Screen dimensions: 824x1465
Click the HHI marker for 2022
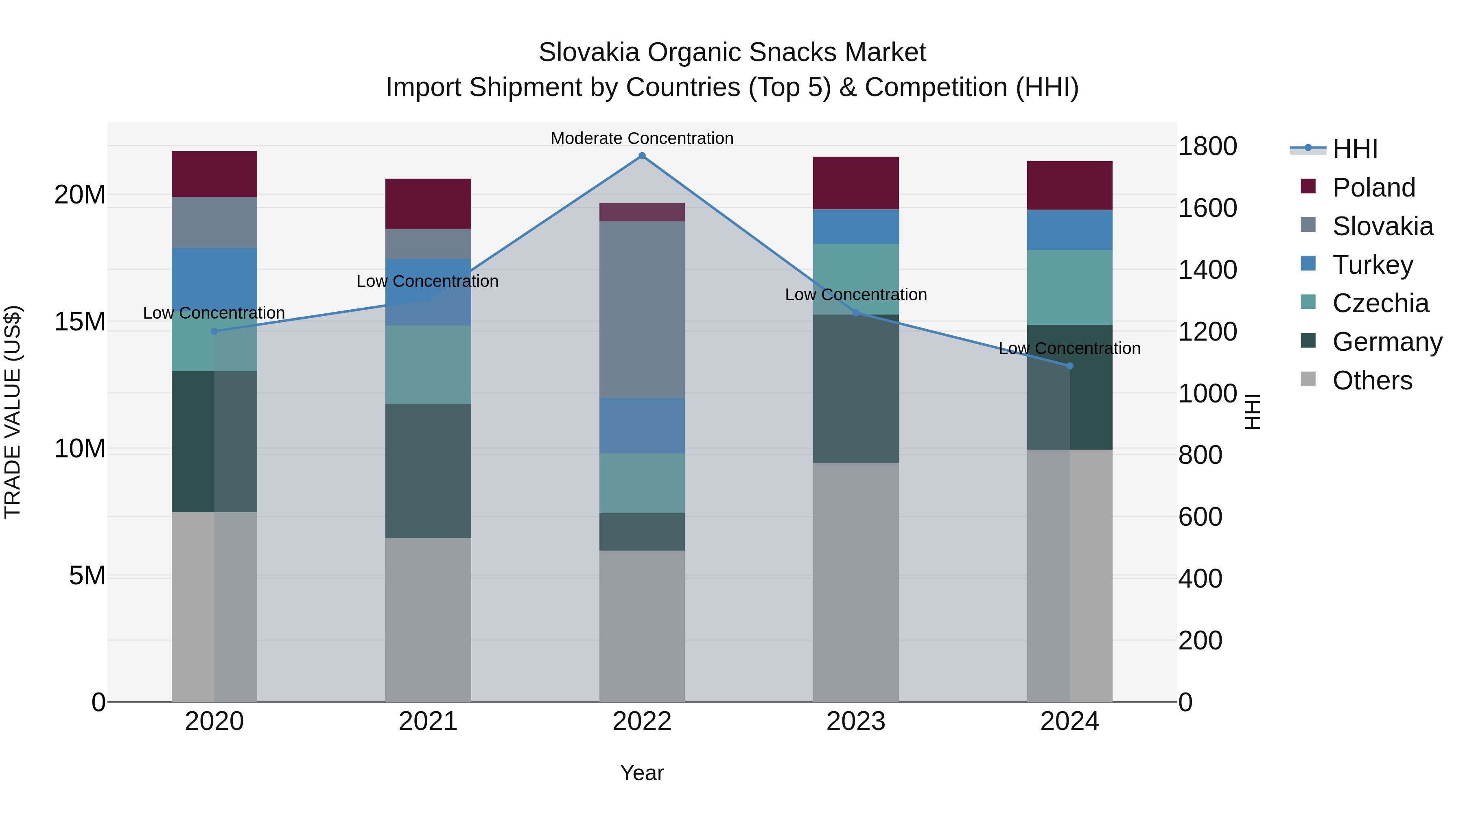642,156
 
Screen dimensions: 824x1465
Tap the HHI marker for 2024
1070,366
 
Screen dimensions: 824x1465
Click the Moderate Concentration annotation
642,138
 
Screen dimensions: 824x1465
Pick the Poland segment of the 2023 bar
856,183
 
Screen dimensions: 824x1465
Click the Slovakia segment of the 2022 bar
642,309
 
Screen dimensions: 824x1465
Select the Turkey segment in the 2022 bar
642,425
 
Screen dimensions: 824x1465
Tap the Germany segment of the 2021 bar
428,471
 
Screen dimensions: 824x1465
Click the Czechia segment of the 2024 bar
1070,288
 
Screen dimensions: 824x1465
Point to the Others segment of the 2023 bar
856,582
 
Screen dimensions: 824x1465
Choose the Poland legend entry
1373,188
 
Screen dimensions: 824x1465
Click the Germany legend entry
1386,342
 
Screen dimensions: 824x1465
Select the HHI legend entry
1355,149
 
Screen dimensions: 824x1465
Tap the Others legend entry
1372,380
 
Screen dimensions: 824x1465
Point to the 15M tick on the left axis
80,322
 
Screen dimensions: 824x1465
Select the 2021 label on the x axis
428,721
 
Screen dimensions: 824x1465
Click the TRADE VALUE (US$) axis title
13,412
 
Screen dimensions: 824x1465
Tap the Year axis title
642,773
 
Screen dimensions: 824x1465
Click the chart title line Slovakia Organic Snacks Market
732,52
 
